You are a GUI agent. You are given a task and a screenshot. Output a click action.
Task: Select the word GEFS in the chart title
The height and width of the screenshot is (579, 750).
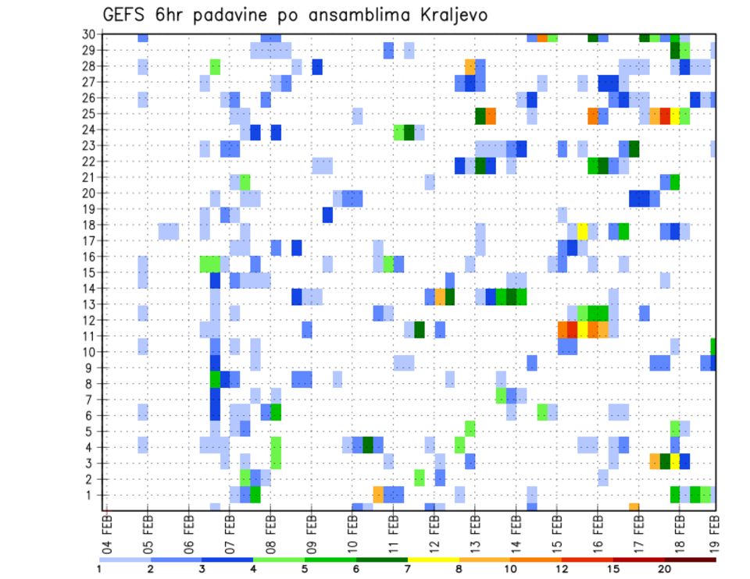127,15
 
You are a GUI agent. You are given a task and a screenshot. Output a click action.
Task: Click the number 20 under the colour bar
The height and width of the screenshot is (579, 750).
664,569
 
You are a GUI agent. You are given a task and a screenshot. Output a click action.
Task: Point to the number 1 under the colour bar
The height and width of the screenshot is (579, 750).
99,569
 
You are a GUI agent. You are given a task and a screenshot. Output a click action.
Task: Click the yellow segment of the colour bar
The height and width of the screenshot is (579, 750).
433,559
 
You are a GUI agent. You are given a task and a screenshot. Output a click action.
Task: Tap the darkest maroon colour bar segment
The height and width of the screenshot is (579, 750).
690,559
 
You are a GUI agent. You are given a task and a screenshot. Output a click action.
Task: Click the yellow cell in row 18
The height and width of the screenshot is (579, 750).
582,231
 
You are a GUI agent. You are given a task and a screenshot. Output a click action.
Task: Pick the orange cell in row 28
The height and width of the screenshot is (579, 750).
470,66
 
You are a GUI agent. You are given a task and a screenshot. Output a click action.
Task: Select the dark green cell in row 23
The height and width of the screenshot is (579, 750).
634,148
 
